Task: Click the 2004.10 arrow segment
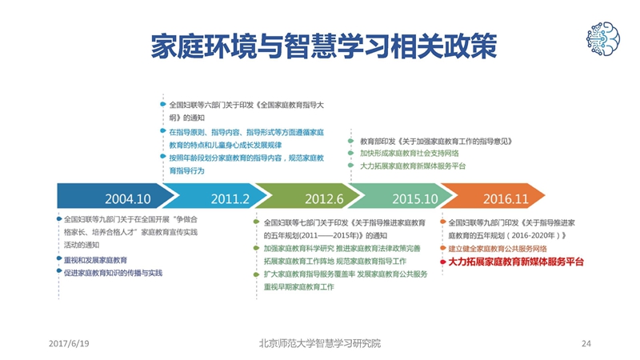(x=114, y=196)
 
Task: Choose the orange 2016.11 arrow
(x=493, y=196)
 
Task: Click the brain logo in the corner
(x=603, y=38)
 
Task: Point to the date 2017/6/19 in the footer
(x=69, y=343)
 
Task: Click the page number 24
(x=586, y=343)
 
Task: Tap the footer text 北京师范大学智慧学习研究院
(x=319, y=343)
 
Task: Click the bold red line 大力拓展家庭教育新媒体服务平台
(x=516, y=262)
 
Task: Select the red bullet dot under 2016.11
(x=443, y=262)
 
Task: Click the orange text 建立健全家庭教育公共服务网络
(x=497, y=249)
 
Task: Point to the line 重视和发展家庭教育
(x=95, y=260)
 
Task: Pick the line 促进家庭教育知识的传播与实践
(x=113, y=273)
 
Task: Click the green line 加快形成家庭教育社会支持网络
(x=409, y=153)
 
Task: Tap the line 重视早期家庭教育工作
(x=298, y=287)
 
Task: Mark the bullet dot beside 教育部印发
(x=350, y=141)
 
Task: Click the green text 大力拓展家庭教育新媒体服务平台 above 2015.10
(x=413, y=166)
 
